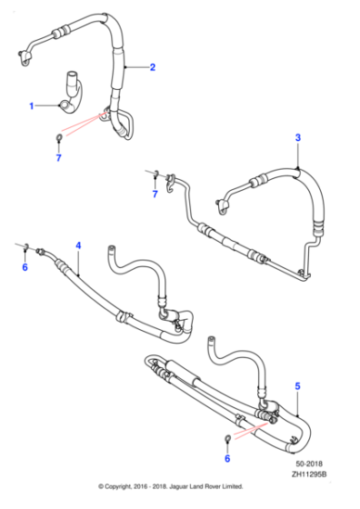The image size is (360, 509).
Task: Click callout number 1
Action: click(33, 106)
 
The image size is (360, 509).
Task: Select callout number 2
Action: click(153, 67)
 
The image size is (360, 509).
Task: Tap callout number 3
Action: click(297, 137)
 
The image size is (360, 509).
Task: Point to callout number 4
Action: click(78, 245)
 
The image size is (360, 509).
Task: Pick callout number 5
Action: click(297, 385)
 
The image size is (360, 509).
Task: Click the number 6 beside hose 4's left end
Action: click(25, 267)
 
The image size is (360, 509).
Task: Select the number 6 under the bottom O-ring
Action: click(226, 460)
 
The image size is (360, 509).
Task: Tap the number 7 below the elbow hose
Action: click(59, 159)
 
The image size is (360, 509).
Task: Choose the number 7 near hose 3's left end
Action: click(155, 195)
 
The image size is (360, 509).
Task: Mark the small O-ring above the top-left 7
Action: click(59, 138)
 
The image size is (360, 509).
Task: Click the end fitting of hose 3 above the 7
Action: click(155, 172)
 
